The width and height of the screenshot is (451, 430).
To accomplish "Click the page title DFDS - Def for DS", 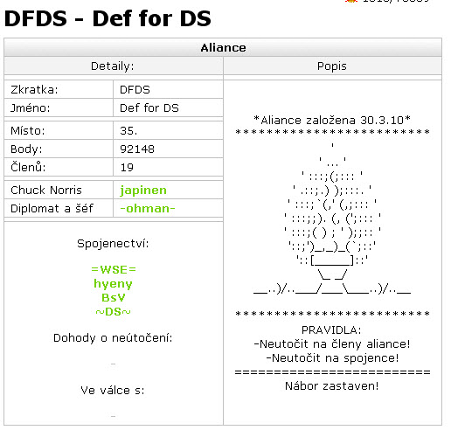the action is tap(108, 18).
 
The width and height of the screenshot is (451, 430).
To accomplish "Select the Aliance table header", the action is tap(223, 48).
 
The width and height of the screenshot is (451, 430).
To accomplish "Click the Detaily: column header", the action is tap(113, 66).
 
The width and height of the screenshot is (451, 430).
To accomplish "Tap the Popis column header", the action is tap(332, 66).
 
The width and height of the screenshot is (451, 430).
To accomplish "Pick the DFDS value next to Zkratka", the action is tap(135, 90).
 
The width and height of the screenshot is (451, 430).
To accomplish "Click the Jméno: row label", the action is tap(31, 108).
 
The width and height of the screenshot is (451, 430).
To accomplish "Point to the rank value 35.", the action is tap(128, 131).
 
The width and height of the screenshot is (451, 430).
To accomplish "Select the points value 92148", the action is tap(137, 149).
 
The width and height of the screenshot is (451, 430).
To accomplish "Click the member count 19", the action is tap(127, 168).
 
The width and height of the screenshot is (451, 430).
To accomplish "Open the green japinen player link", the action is tap(143, 191).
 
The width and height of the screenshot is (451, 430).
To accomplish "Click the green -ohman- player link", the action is tap(148, 209).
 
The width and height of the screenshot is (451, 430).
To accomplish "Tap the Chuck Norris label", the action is tap(46, 191).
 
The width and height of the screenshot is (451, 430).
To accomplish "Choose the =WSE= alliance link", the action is tap(114, 269).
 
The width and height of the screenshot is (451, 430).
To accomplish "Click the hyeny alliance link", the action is tap(113, 284).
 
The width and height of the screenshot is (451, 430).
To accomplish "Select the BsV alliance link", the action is tap(114, 298).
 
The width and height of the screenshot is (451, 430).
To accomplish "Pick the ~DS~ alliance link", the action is tap(113, 312).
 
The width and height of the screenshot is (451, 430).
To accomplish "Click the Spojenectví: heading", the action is tap(113, 244).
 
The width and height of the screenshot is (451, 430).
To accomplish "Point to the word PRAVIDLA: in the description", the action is tap(331, 330).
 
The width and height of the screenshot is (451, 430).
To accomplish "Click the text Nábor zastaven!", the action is tap(332, 386).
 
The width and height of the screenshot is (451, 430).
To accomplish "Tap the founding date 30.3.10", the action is tap(382, 120).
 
